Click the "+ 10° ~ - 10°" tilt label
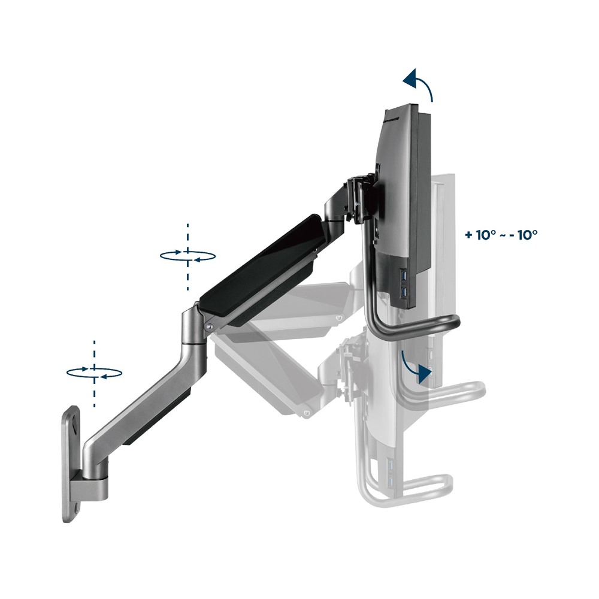pos(501,235)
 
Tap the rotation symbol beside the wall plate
pos(95,373)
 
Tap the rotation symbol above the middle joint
pos(187,256)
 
